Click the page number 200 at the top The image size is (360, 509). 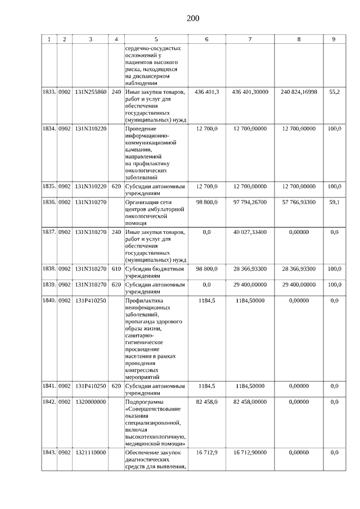click(x=193, y=18)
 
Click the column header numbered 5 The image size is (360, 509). click(x=156, y=39)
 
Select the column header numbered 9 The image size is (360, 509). click(x=334, y=39)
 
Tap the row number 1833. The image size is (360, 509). click(x=49, y=91)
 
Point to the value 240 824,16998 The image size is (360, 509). click(x=298, y=91)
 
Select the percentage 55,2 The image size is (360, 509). click(x=334, y=91)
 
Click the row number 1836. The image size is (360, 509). click(x=49, y=201)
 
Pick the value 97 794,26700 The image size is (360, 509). click(x=250, y=201)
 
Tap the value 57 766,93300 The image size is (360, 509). click(x=298, y=201)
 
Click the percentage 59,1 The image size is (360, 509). click(x=334, y=201)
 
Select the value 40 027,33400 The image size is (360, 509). click(x=250, y=232)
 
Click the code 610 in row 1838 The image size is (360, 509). click(x=116, y=269)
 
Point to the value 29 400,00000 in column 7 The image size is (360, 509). click(x=250, y=285)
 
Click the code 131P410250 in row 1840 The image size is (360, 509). click(x=91, y=300)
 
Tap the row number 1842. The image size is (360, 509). click(x=49, y=402)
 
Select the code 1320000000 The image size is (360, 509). click(x=91, y=402)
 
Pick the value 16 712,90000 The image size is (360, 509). click(x=250, y=452)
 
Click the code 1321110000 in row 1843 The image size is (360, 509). click(x=91, y=452)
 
